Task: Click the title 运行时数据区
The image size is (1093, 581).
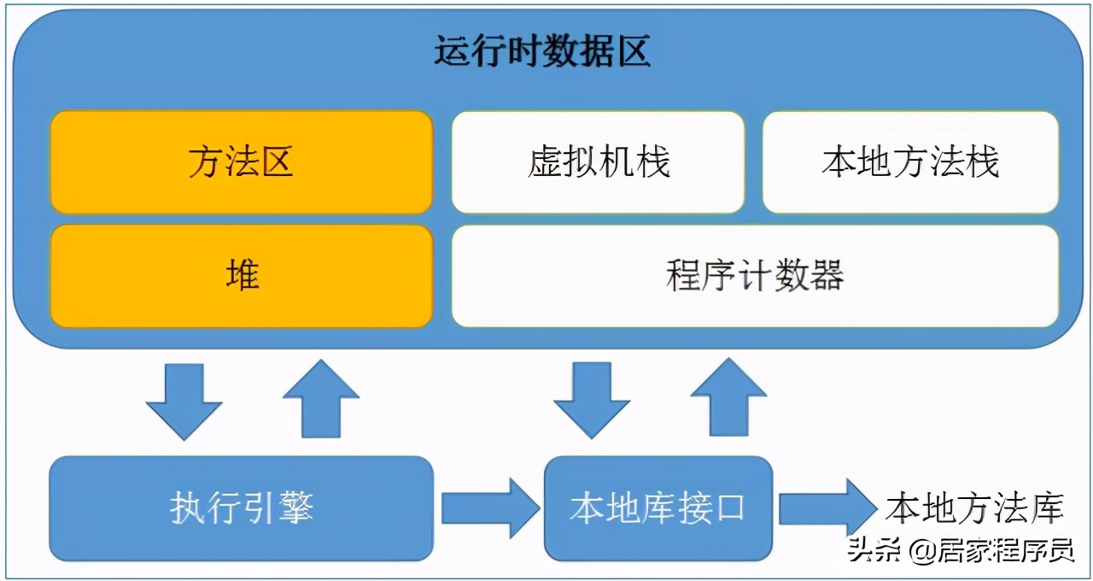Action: [542, 52]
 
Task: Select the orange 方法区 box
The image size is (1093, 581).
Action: [242, 161]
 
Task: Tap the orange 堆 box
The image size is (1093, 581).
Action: [242, 276]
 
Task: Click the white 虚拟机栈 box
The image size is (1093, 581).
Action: [598, 161]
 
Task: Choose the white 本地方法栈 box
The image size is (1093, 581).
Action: [910, 161]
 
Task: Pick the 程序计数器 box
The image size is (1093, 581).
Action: [755, 276]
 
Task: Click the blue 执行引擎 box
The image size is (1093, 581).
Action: [242, 508]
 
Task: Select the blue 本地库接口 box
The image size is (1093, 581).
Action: [658, 508]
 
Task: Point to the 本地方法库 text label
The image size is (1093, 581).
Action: [974, 508]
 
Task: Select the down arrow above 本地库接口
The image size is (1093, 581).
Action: [592, 400]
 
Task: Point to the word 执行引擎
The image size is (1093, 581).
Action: [242, 508]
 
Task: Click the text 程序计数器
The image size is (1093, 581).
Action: [755, 276]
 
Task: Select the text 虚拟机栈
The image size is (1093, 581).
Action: [598, 161]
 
